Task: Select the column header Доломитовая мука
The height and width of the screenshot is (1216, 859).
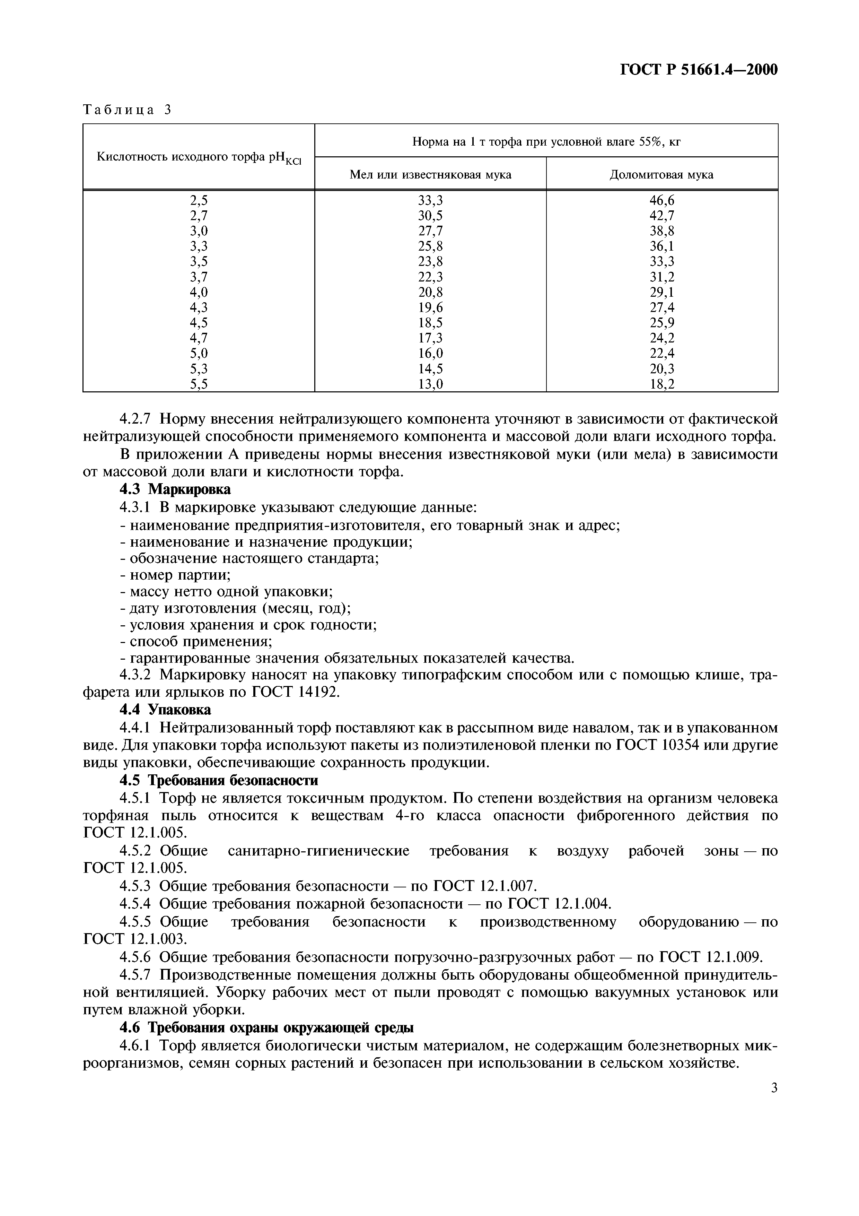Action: pyautogui.click(x=661, y=174)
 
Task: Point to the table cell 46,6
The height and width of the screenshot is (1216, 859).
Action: pyautogui.click(x=661, y=200)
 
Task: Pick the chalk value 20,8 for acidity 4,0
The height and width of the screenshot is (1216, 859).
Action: pyautogui.click(x=430, y=292)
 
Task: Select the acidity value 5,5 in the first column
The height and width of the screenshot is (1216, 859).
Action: pyautogui.click(x=199, y=384)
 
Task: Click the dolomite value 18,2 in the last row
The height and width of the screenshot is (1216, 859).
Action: pyautogui.click(x=661, y=384)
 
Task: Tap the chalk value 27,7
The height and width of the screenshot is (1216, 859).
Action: pyautogui.click(x=430, y=231)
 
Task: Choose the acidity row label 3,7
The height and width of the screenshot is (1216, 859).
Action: pyautogui.click(x=199, y=277)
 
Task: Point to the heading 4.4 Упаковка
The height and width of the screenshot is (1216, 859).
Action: pyautogui.click(x=165, y=709)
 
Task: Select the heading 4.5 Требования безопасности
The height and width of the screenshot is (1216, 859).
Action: pyautogui.click(x=219, y=780)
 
